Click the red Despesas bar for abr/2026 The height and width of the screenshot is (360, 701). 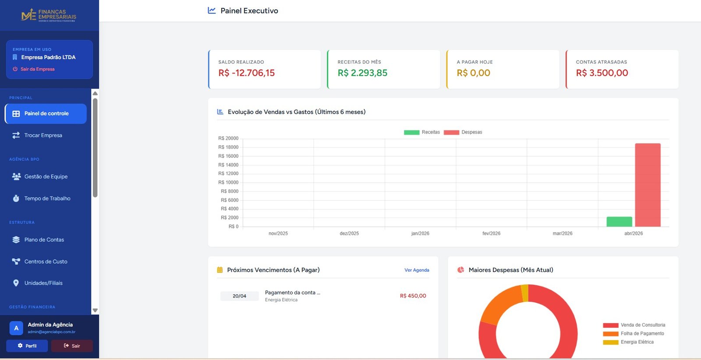(x=648, y=185)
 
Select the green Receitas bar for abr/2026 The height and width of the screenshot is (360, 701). (x=619, y=222)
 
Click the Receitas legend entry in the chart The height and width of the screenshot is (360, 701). (x=422, y=132)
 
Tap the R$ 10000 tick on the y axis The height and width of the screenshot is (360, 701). (x=228, y=182)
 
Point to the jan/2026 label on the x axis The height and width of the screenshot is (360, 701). (x=420, y=233)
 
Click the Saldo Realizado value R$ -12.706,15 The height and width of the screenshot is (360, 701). (x=246, y=73)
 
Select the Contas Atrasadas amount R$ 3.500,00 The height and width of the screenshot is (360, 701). (x=602, y=73)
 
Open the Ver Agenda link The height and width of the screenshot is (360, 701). (x=417, y=270)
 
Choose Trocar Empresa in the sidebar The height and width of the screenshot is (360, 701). (x=43, y=135)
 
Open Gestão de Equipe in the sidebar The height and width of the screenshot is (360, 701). (x=46, y=176)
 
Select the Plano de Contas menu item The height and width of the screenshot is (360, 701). (x=44, y=240)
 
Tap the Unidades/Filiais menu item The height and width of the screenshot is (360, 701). (x=43, y=283)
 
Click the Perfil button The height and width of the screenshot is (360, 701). (x=27, y=346)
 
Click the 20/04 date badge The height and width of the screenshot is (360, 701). (x=239, y=296)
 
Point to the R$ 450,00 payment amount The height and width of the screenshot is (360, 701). (x=413, y=296)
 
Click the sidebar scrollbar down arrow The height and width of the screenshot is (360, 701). (x=95, y=310)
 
